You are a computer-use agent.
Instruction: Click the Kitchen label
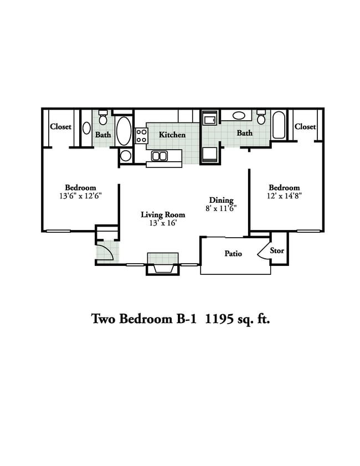[172, 135]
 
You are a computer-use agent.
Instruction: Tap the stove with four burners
[141, 136]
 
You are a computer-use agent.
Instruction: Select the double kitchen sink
[160, 156]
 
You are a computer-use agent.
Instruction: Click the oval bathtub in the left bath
[124, 131]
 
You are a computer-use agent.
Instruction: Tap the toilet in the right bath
[261, 118]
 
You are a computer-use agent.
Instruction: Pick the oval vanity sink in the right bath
[239, 116]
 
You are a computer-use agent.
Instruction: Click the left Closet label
[60, 126]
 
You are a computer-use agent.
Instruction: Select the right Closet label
[305, 126]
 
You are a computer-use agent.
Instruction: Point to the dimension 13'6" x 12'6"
[80, 196]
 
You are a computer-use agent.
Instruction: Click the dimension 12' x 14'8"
[284, 196]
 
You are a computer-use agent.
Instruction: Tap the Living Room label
[162, 214]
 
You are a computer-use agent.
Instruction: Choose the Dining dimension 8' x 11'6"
[221, 209]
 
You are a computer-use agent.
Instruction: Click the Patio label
[233, 254]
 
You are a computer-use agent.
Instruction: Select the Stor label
[277, 250]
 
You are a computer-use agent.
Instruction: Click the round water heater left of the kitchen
[126, 155]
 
